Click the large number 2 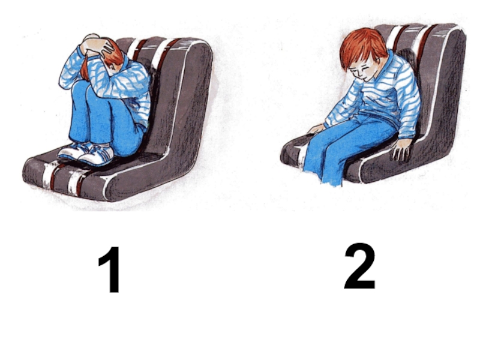pos(360,266)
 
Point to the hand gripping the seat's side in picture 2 pos(401,149)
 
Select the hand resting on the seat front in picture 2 pos(316,129)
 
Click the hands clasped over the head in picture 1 pos(97,46)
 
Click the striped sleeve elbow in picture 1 pos(66,80)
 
